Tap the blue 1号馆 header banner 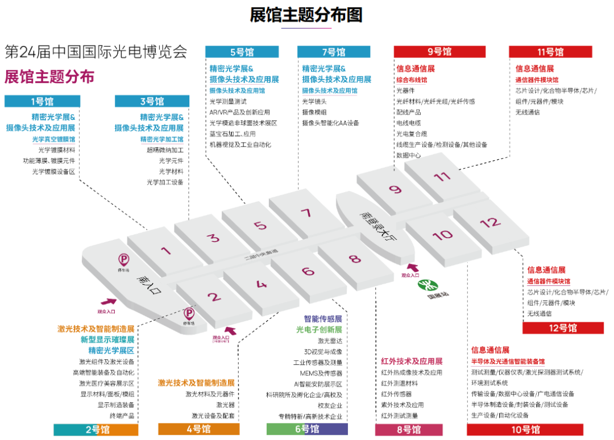click(x=42, y=101)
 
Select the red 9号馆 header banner click(x=439, y=52)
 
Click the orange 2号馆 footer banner click(x=96, y=429)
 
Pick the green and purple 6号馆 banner click(x=307, y=429)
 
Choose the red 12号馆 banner click(x=562, y=328)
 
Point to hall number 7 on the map click(x=306, y=214)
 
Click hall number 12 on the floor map click(x=488, y=223)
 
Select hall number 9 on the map click(x=395, y=190)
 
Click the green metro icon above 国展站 click(x=424, y=284)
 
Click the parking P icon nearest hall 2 click(x=188, y=313)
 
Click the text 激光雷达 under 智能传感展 click(x=330, y=341)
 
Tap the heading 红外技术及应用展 click(x=412, y=361)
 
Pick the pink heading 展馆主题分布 click(x=49, y=77)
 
